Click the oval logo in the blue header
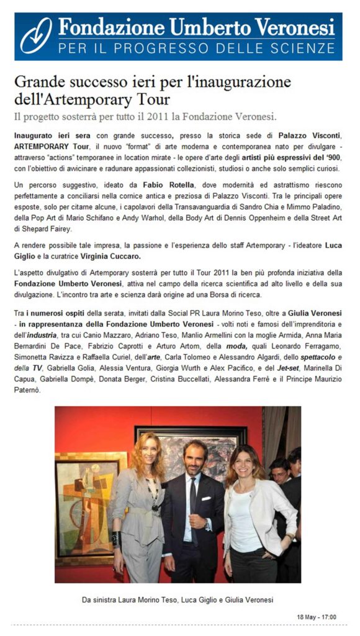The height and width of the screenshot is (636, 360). (35, 35)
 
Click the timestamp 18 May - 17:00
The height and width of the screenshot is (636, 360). (317, 617)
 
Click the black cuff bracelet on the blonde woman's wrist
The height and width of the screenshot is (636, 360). (116, 538)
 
